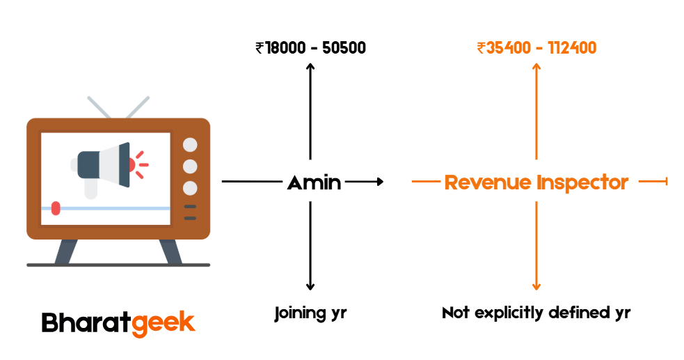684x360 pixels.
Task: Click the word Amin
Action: pyautogui.click(x=314, y=182)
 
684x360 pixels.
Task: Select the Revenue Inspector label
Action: pyautogui.click(x=536, y=182)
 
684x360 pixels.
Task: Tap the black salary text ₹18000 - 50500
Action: pyautogui.click(x=310, y=48)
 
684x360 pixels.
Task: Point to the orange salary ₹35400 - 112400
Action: pyautogui.click(x=536, y=48)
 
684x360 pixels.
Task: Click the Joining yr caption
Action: pyautogui.click(x=310, y=313)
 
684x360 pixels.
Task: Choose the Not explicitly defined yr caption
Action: pyautogui.click(x=536, y=313)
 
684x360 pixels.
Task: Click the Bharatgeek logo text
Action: pyautogui.click(x=118, y=322)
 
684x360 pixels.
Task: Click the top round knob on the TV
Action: pyautogui.click(x=189, y=145)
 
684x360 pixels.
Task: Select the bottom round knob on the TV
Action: pyautogui.click(x=189, y=188)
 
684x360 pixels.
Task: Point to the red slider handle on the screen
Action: pyautogui.click(x=56, y=208)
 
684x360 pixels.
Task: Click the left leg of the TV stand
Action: pyautogui.click(x=65, y=251)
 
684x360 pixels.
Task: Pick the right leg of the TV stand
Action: pyautogui.click(x=170, y=251)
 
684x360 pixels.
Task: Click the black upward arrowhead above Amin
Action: pyautogui.click(x=310, y=66)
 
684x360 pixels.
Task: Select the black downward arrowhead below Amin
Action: pyautogui.click(x=310, y=286)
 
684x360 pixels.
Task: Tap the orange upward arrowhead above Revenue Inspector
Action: pyautogui.click(x=536, y=66)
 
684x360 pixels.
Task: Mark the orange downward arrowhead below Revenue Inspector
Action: pyautogui.click(x=536, y=286)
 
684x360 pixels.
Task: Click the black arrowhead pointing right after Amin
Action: pyautogui.click(x=379, y=182)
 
